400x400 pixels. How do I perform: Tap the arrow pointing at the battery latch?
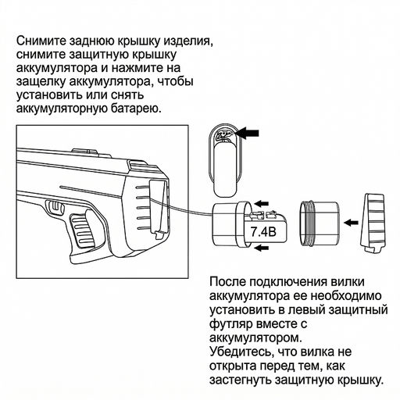[x=249, y=134]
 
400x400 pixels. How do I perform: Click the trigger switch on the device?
[x=56, y=208]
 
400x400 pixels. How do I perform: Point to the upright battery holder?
[x=226, y=155]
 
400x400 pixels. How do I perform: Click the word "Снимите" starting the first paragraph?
[x=41, y=40]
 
